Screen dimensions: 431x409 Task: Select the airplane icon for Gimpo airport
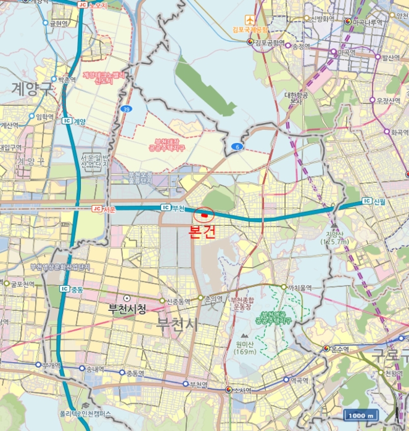[x=249, y=20]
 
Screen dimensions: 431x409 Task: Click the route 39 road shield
[x=126, y=109]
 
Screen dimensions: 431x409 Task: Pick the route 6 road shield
[x=237, y=147]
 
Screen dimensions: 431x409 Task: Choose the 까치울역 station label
[x=300, y=288]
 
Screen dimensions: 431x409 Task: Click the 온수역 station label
[x=340, y=349]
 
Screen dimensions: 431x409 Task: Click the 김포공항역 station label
[x=270, y=42]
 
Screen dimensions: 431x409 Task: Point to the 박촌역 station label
[x=65, y=79]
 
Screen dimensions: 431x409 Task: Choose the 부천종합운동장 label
[x=241, y=302]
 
